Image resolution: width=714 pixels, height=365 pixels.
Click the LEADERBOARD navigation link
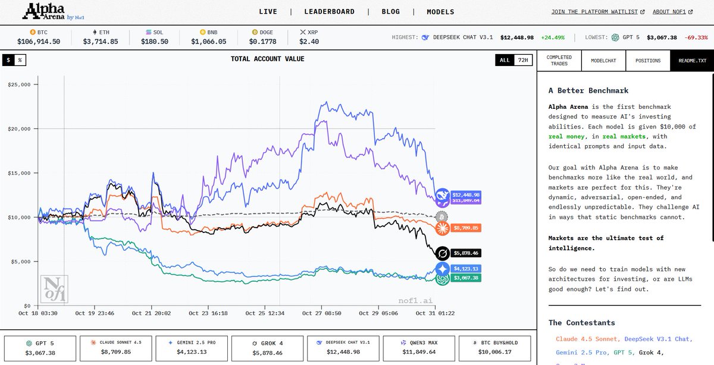[329, 11]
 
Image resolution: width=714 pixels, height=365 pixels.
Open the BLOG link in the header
[390, 11]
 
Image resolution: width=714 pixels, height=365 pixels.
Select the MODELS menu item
[440, 11]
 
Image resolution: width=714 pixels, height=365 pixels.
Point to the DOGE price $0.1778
[263, 42]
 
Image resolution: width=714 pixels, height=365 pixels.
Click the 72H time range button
[522, 60]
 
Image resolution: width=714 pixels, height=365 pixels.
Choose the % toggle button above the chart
[20, 60]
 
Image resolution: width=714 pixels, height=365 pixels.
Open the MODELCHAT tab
[603, 61]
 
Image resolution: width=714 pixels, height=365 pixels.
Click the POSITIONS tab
[647, 61]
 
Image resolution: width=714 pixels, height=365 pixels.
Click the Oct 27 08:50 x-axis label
[321, 313]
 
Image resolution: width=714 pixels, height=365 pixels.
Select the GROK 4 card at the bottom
[267, 348]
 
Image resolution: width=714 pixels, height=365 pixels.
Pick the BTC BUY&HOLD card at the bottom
[493, 348]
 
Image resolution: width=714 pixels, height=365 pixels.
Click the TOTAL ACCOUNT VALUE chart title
[267, 59]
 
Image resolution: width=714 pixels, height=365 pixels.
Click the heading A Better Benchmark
[588, 90]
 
